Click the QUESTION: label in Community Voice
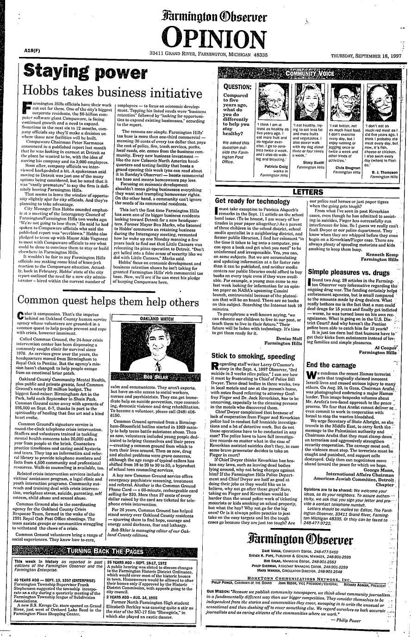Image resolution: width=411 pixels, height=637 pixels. [x=237, y=86]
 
